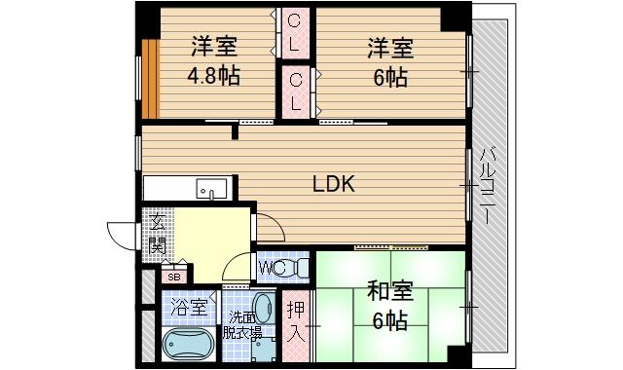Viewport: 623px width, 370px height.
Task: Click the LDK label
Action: coord(333,183)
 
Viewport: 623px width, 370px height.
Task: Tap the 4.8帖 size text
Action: coord(214,76)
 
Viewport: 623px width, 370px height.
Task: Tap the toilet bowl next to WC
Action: coord(300,265)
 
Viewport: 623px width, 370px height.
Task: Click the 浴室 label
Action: coord(188,309)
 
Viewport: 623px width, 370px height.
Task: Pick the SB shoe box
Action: coord(174,277)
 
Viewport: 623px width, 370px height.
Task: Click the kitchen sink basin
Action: coord(210,188)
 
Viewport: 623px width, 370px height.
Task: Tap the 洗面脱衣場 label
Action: coord(243,324)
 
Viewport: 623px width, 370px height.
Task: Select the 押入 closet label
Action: coord(295,322)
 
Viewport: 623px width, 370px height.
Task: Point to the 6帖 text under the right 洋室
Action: coord(388,76)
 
